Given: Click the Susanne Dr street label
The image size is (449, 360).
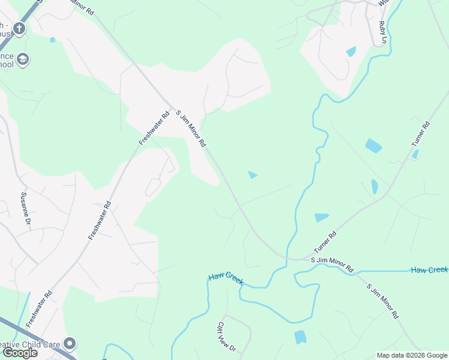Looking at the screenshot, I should coord(26,208).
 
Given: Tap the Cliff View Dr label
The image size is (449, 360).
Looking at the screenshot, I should coord(227,337).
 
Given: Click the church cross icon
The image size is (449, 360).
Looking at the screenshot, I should coord(19,28).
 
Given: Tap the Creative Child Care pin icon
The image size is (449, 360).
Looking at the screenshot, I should coord(70,344).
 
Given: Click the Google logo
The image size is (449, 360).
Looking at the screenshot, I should coord(20,353).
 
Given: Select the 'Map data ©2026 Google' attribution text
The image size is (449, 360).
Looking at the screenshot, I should coord(412,355).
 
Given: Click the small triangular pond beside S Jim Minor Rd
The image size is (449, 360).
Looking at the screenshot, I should coord(253,175).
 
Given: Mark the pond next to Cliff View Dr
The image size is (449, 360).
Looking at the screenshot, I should coord(300,337).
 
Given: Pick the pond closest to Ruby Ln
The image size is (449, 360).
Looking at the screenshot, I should coord(351,52).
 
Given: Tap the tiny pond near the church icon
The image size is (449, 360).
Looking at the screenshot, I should coord(53,40).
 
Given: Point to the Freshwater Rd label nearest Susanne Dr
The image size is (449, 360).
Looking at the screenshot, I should coord(100,221).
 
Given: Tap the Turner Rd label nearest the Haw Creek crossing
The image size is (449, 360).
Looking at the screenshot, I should coord(325,242).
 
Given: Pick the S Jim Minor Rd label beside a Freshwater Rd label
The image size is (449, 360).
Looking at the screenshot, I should coord(191,128).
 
